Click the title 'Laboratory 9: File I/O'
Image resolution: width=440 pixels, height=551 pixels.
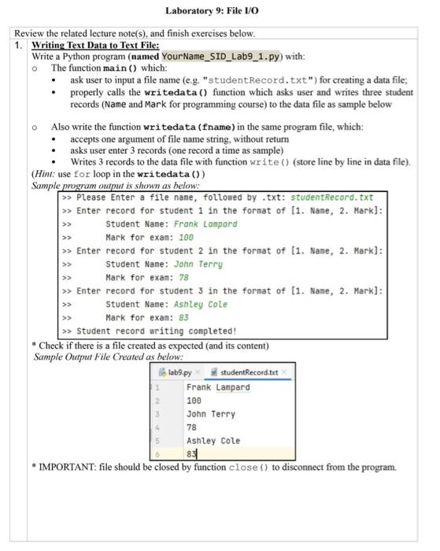click(x=220, y=10)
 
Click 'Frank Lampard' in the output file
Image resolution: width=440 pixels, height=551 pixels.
click(x=217, y=387)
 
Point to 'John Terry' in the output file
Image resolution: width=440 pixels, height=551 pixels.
click(x=210, y=414)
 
